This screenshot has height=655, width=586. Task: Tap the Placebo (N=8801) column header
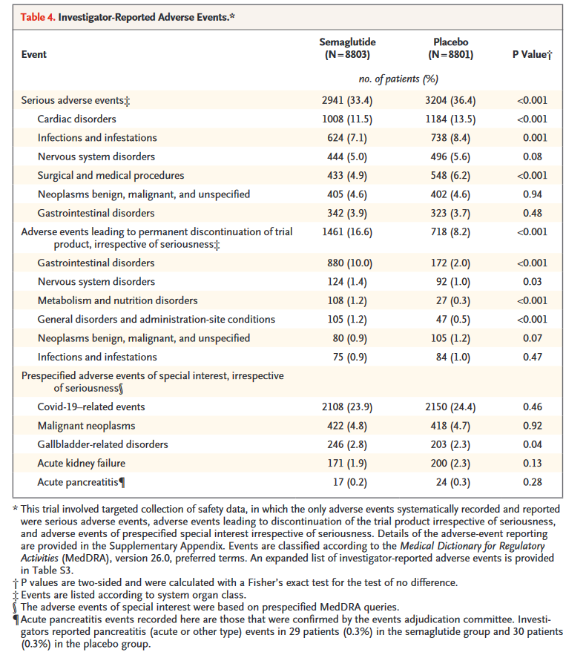point(450,49)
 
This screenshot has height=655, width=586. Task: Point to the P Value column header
point(532,55)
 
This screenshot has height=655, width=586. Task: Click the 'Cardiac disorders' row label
point(77,119)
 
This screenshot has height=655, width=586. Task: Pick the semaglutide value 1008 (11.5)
point(345,119)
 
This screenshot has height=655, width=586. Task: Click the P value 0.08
point(532,157)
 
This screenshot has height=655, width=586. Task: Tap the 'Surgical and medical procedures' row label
point(111,175)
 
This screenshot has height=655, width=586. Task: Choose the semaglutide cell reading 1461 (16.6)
point(345,232)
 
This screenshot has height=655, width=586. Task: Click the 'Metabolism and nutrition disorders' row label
point(118,300)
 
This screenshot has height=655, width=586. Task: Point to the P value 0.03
point(532,282)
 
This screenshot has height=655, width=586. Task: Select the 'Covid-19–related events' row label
point(91,407)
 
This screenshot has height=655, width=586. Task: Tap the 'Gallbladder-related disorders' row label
point(103,444)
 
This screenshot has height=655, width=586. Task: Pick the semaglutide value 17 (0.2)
point(345,482)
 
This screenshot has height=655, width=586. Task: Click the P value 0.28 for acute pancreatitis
point(532,482)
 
